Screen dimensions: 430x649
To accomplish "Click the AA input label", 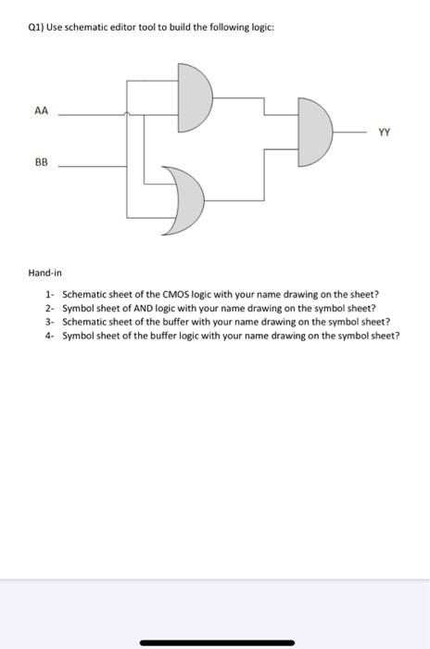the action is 40,108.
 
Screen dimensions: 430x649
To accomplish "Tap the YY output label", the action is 383,132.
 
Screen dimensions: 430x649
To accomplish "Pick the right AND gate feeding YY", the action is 314,133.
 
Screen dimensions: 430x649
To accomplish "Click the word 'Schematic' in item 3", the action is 83,322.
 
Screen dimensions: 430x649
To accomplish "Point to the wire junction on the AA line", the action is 127,115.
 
